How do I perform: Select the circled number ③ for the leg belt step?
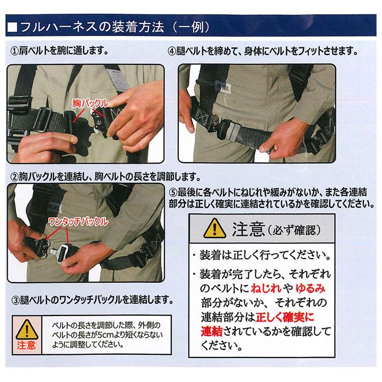pos(15,300)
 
